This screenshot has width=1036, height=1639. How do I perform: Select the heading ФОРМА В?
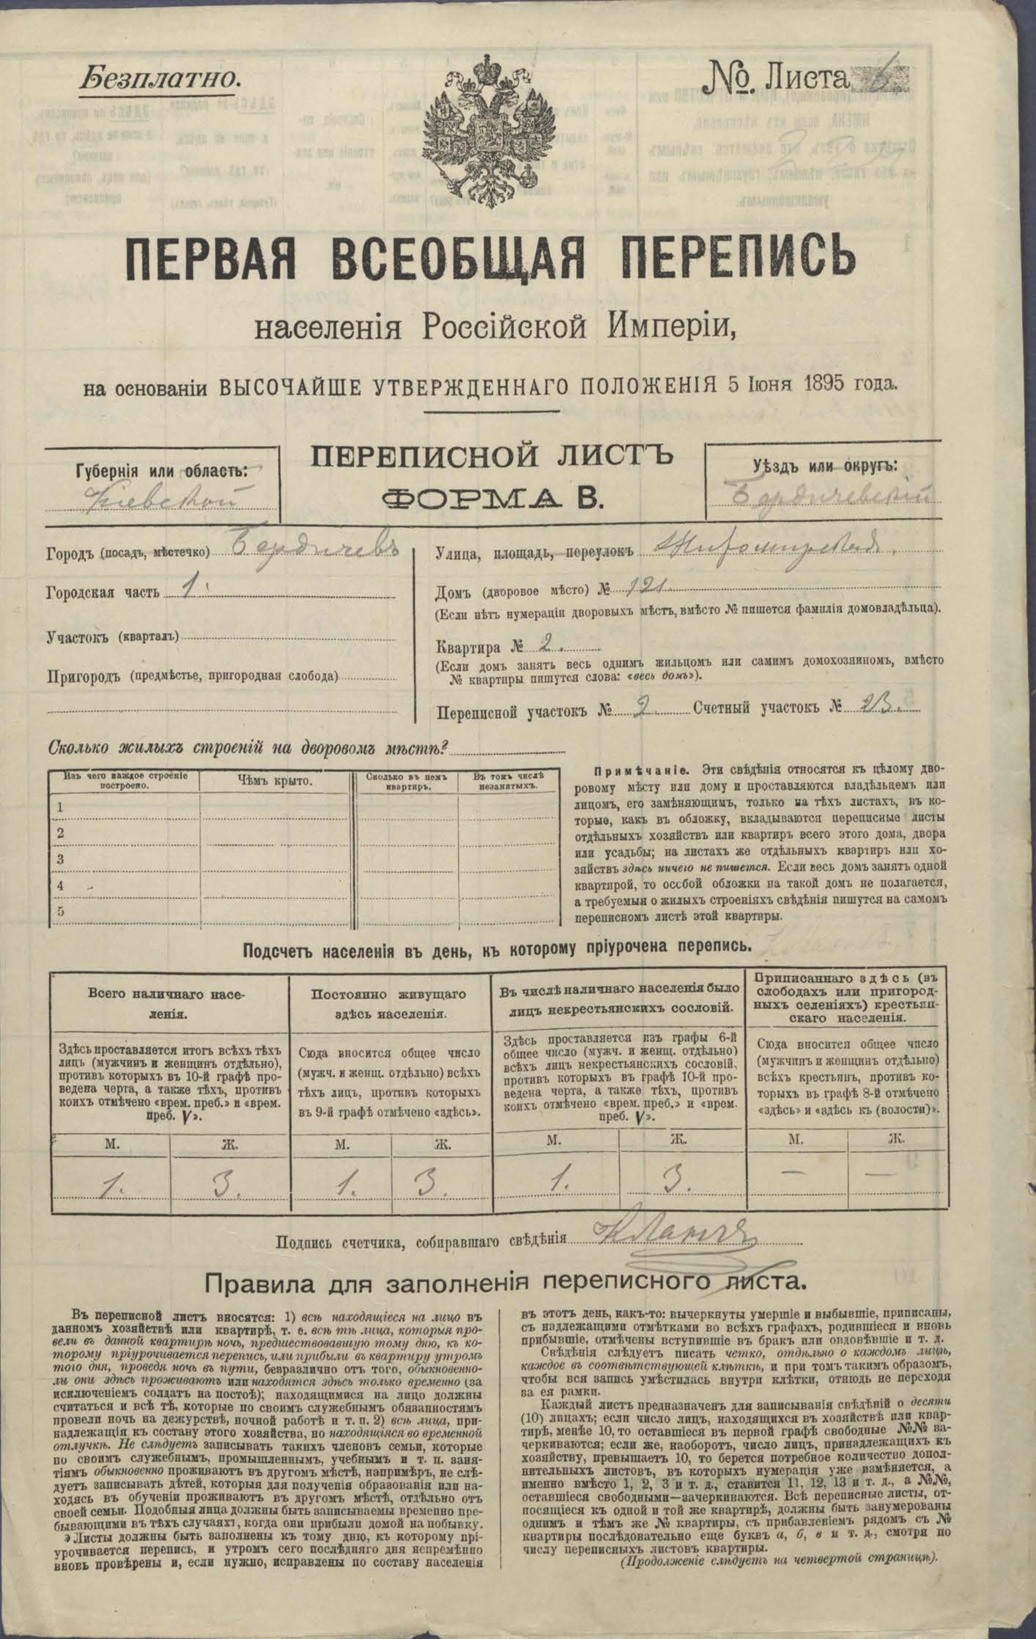(x=492, y=500)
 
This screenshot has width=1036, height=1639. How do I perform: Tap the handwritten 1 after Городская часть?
(x=189, y=589)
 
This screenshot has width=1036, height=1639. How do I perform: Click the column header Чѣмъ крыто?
(x=275, y=781)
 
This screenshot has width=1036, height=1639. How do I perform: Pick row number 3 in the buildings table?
(x=61, y=859)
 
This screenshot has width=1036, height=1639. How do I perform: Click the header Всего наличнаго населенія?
(x=170, y=1002)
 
